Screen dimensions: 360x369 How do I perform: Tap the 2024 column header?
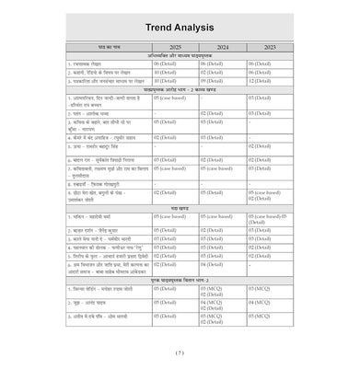223,45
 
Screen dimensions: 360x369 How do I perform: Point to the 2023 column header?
270,45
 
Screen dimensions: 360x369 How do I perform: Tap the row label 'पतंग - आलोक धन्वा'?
92,112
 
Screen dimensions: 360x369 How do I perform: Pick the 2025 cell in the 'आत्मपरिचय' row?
170,96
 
